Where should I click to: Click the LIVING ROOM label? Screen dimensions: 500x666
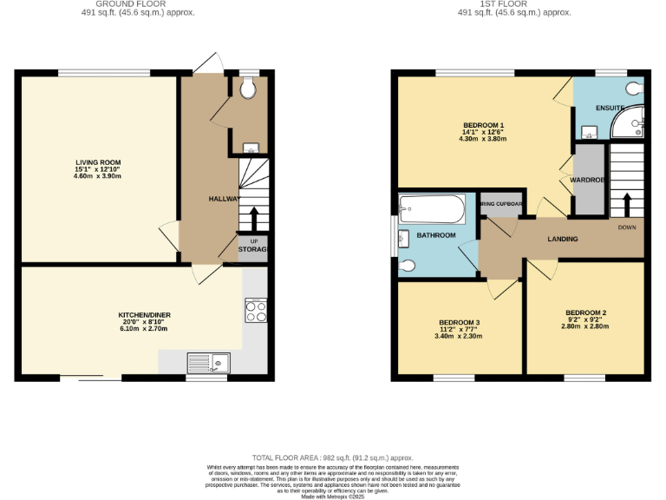point(97,162)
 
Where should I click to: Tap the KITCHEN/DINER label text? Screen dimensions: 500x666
point(143,314)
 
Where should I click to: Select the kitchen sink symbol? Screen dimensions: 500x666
point(207,362)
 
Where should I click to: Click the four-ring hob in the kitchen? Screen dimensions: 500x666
point(256,310)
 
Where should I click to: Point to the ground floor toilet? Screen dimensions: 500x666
point(249,87)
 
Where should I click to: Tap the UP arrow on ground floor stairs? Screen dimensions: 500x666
point(254,217)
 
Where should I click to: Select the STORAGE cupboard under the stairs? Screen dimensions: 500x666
point(253,250)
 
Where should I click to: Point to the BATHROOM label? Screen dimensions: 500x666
point(436,235)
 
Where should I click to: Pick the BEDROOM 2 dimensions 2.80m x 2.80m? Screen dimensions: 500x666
point(585,326)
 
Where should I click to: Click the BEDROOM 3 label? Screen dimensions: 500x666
point(459,322)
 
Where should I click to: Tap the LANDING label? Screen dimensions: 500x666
point(563,239)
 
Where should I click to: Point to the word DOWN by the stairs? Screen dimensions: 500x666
point(627,227)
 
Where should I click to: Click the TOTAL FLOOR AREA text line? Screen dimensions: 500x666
point(333,457)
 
